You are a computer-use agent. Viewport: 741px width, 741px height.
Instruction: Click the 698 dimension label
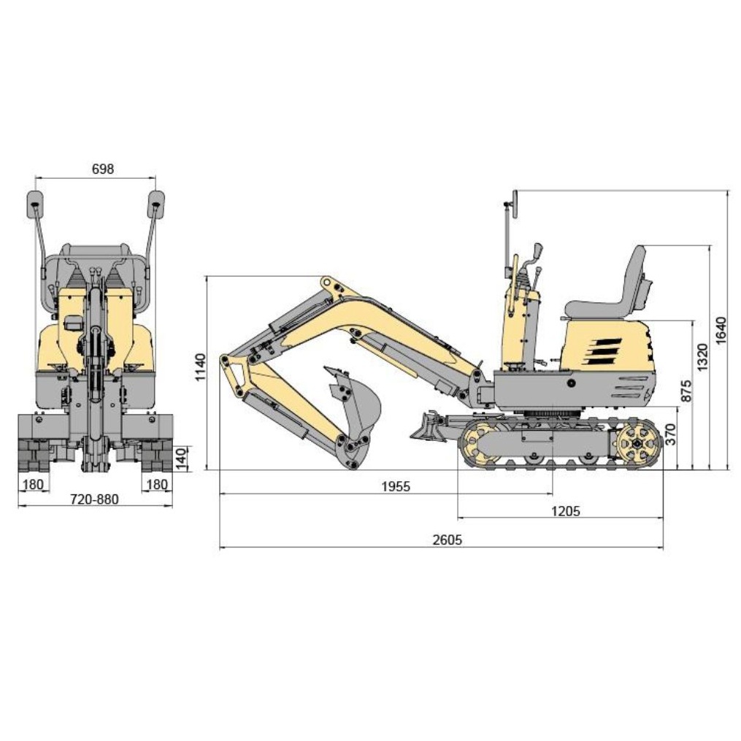(x=102, y=169)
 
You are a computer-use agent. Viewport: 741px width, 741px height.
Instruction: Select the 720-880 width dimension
(x=94, y=499)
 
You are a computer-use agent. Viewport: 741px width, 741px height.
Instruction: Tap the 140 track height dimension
(x=182, y=458)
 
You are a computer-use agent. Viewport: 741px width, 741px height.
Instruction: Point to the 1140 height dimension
(x=201, y=367)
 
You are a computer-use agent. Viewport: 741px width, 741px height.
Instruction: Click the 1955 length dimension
(x=396, y=486)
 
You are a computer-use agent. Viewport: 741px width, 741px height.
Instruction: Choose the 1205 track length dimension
(x=565, y=511)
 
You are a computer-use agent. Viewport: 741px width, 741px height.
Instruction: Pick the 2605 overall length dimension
(x=447, y=540)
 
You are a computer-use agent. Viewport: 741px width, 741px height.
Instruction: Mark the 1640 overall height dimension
(x=721, y=331)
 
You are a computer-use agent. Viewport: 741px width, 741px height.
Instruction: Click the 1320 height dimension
(x=703, y=357)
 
